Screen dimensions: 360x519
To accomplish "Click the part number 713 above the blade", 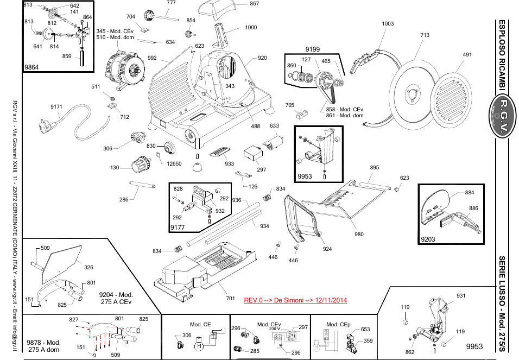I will click(425, 35).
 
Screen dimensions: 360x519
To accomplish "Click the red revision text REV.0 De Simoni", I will click(295, 300).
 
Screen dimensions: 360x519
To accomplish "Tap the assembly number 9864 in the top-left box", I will click(31, 66).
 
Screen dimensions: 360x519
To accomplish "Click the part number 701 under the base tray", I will click(230, 298).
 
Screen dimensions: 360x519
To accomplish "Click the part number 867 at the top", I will click(254, 4).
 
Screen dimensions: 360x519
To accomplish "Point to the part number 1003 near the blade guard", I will click(388, 23).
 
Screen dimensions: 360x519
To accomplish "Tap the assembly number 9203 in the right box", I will click(428, 238).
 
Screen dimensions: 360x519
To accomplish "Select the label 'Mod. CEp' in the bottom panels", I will click(338, 325).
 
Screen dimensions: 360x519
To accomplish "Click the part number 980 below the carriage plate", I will click(359, 235).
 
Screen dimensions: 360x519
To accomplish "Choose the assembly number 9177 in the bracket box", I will click(178, 226).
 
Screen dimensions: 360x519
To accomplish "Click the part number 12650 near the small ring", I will click(174, 163).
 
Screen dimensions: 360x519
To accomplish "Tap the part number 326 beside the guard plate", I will click(88, 267).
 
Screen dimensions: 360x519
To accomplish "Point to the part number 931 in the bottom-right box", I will click(461, 295).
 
